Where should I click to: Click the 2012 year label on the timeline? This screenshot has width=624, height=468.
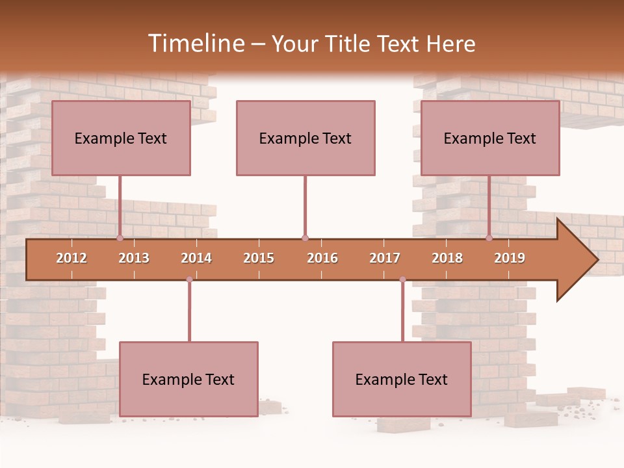pyautogui.click(x=71, y=258)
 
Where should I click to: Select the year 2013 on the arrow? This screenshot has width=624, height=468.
pyautogui.click(x=134, y=258)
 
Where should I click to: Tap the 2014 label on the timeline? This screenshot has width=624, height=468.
pyautogui.click(x=196, y=258)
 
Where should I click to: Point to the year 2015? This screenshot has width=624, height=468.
pyautogui.click(x=259, y=258)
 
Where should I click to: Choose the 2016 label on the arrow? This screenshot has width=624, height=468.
pyautogui.click(x=322, y=258)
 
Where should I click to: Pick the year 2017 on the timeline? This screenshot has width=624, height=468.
pyautogui.click(x=385, y=258)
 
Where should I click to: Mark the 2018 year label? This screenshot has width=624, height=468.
pyautogui.click(x=447, y=258)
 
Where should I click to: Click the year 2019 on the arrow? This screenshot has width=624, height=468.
pyautogui.click(x=510, y=258)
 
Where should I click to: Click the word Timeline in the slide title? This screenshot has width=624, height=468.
pyautogui.click(x=195, y=44)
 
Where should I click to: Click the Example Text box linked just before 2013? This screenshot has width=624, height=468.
pyautogui.click(x=121, y=138)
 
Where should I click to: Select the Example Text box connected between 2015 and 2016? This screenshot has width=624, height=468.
pyautogui.click(x=305, y=138)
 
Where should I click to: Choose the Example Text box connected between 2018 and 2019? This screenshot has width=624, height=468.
pyautogui.click(x=490, y=138)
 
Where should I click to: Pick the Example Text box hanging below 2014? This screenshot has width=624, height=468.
pyautogui.click(x=188, y=379)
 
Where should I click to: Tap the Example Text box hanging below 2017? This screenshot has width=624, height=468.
pyautogui.click(x=402, y=379)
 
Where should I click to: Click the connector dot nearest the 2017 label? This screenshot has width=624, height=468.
pyautogui.click(x=402, y=279)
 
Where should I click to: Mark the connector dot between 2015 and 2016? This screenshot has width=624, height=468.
pyautogui.click(x=305, y=238)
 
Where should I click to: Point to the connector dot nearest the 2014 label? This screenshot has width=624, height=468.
pyautogui.click(x=189, y=279)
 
